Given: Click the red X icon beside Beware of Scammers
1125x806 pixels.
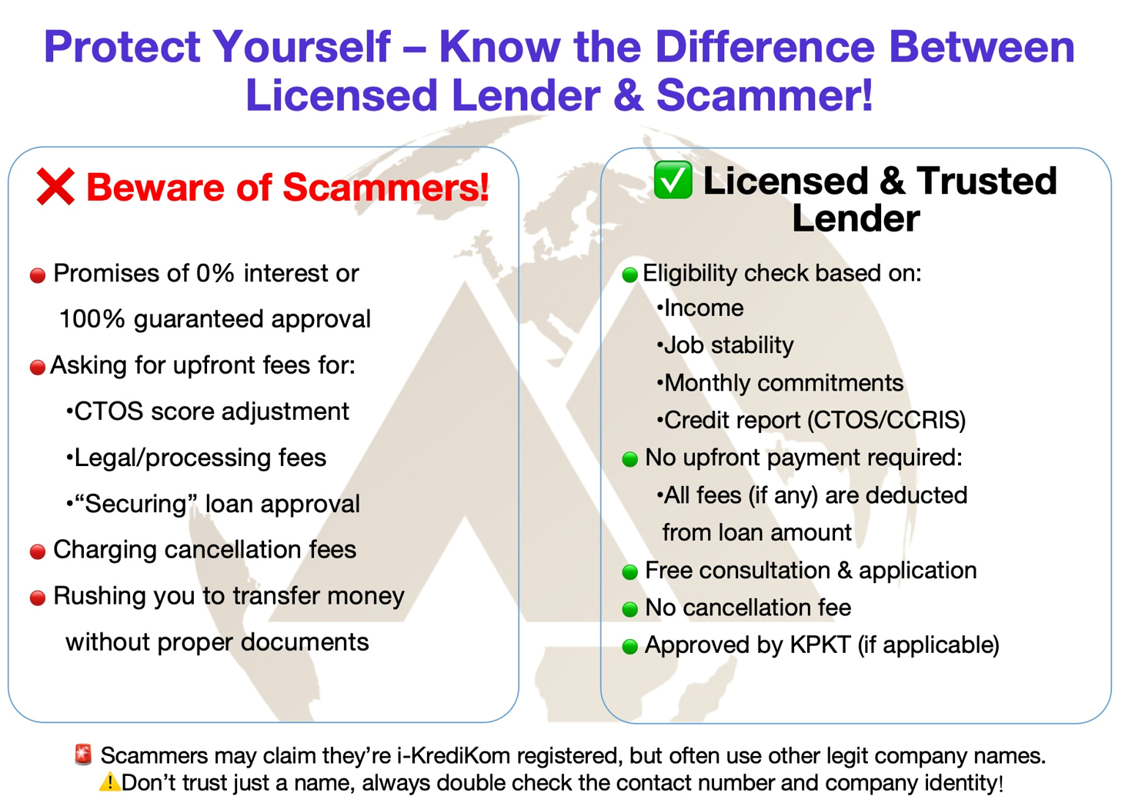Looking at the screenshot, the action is (55, 187).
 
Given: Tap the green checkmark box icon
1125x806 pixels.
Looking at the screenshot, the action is (673, 180).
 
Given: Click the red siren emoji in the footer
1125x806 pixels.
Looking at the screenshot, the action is (83, 754).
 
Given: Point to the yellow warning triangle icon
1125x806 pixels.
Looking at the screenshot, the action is (109, 782).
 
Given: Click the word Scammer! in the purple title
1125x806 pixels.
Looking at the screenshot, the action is (765, 95).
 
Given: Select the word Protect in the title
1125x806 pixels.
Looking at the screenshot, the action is (122, 47).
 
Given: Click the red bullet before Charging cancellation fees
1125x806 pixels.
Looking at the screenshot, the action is (38, 552).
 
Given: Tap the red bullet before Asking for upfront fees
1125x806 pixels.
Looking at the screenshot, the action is (38, 368).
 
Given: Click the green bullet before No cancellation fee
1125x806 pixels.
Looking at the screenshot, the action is (629, 609).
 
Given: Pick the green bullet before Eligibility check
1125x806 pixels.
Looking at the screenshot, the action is (629, 275).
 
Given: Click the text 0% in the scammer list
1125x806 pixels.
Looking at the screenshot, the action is (215, 274).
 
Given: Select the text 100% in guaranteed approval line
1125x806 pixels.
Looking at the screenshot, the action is (92, 319).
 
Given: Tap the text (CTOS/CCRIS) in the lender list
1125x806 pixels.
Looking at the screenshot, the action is (886, 420).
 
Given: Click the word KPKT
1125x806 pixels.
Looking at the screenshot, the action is (820, 645).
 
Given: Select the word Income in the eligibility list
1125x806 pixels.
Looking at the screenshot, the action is (703, 308).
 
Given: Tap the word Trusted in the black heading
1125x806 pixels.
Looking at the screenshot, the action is (986, 181).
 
